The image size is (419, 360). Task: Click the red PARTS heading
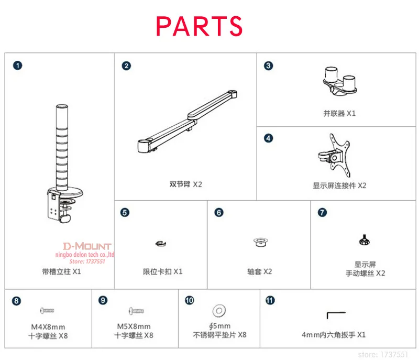coord(199,26)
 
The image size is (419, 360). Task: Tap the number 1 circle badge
coord(18,66)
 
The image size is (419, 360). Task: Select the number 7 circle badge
coord(322,212)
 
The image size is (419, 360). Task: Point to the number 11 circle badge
coord(270,300)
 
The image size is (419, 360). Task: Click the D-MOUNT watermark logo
coord(87,246)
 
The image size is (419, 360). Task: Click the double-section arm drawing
coord(188,122)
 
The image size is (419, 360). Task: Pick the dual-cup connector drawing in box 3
coord(340,81)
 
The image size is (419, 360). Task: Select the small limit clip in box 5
coord(161,244)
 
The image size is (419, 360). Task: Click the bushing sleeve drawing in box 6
coord(260,242)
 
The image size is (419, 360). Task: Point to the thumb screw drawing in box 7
coord(364,239)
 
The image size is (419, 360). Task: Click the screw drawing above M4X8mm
coord(47,311)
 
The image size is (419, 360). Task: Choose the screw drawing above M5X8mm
coord(136,311)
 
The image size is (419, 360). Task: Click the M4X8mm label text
coord(48,327)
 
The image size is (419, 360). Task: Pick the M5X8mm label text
coord(134,326)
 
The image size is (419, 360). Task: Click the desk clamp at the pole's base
coord(64,205)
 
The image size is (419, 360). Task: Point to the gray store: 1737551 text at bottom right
coord(383,355)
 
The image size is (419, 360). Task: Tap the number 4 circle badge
coord(269,138)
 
